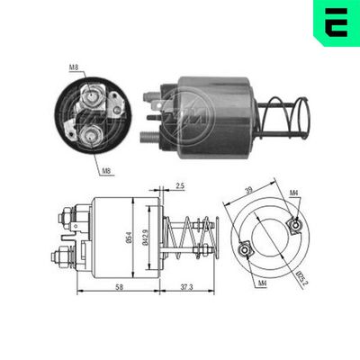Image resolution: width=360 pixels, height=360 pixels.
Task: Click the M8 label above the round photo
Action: pyautogui.click(x=72, y=66)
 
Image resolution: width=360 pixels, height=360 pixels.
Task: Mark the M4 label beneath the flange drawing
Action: pyautogui.click(x=262, y=284)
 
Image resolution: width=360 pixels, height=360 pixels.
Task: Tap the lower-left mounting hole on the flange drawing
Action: pyautogui.click(x=242, y=251)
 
